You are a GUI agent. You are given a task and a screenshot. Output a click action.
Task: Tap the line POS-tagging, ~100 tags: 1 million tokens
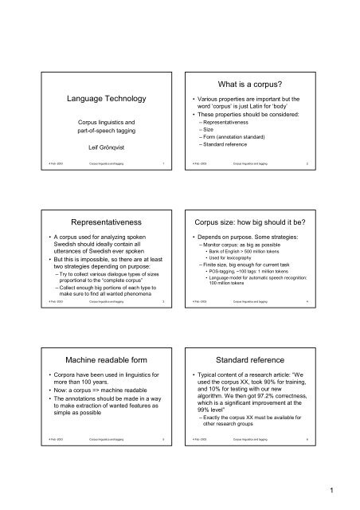click(x=257, y=291)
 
